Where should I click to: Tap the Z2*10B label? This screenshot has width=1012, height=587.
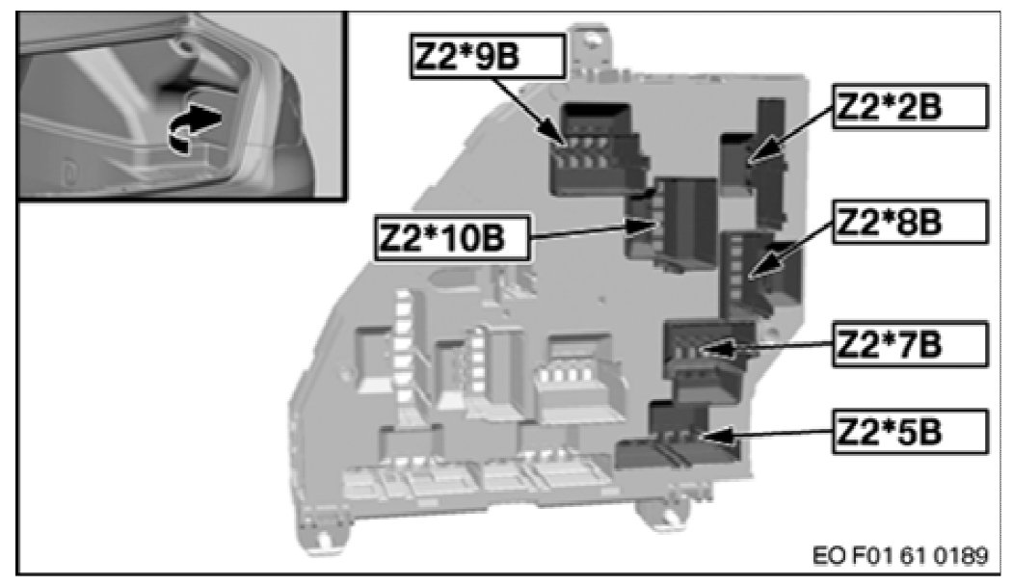452,238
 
